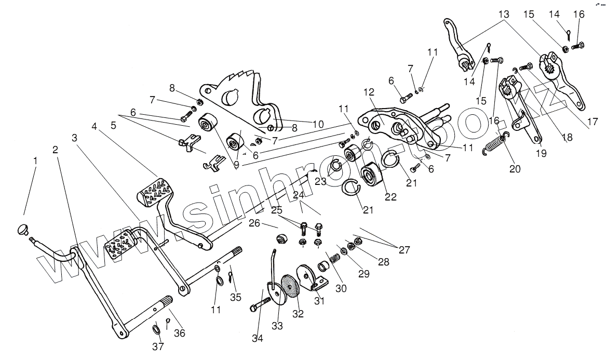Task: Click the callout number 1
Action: coord(35,162)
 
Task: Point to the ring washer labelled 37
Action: coord(157,330)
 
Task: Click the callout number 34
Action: coord(258,339)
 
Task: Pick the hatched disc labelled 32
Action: coord(290,286)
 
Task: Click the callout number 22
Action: coord(390,197)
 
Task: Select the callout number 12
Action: coord(369,92)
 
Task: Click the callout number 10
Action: coord(317,124)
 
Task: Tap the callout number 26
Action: coord(254,224)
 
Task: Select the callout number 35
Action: coord(236,297)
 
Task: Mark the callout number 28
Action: coord(383,262)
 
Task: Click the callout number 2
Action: coord(55,150)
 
